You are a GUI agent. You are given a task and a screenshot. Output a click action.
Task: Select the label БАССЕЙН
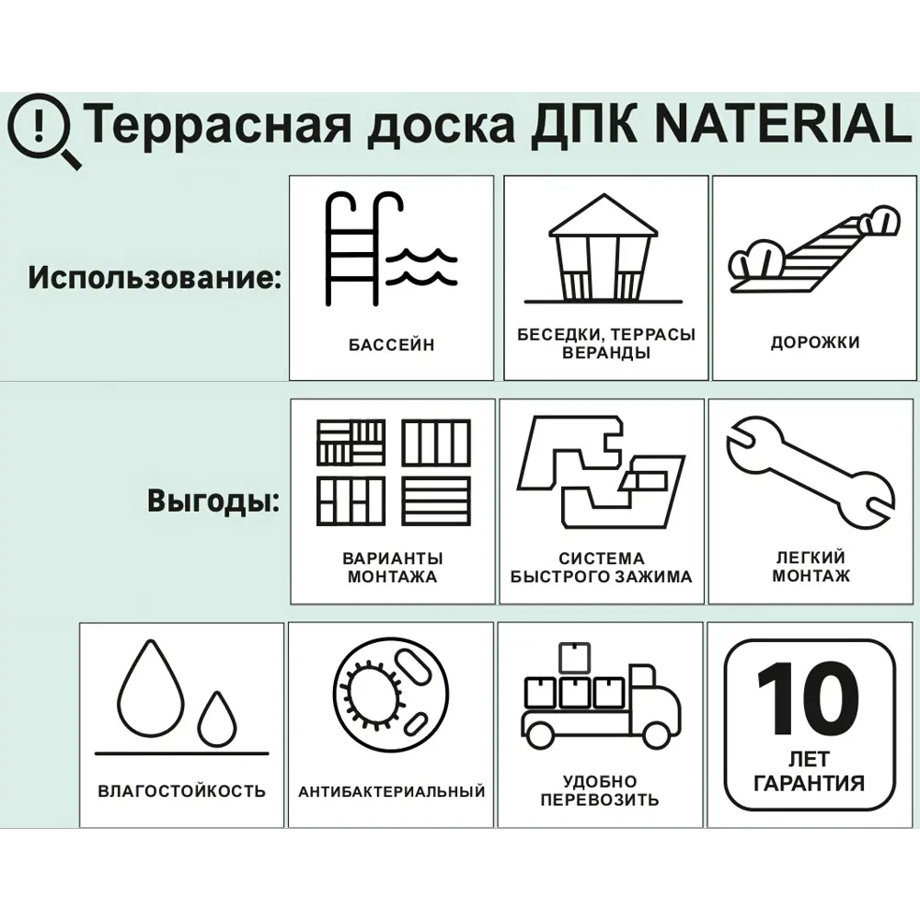point(391,345)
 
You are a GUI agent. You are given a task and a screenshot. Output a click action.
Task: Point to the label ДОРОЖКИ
point(815,342)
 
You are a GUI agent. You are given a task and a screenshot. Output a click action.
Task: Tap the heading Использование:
point(155,277)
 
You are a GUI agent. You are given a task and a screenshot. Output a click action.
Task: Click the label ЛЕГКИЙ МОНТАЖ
point(811,567)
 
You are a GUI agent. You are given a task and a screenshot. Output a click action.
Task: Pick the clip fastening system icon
point(600,474)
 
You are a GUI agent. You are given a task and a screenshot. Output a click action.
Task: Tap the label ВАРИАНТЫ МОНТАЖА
point(393,568)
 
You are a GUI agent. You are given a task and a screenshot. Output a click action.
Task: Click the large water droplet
point(153,690)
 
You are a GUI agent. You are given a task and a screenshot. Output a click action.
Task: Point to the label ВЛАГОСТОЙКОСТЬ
point(181,790)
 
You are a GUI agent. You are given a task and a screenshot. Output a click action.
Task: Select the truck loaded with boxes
point(600,699)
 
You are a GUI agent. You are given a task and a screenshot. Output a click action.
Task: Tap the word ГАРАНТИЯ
point(809,784)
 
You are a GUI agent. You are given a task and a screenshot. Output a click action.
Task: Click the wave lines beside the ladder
point(421,265)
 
